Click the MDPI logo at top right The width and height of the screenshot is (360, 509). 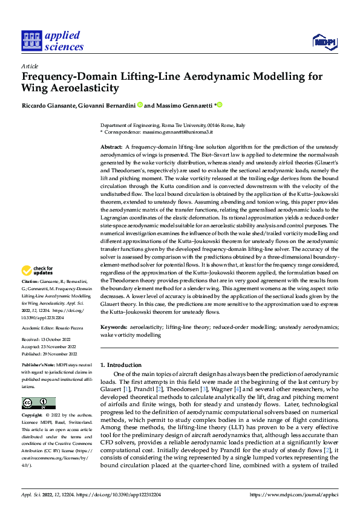tap(324, 41)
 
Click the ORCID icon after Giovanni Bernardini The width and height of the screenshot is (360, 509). tap(139, 105)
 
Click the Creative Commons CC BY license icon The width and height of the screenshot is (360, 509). tap(39, 403)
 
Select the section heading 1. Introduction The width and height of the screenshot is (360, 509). tap(120, 365)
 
